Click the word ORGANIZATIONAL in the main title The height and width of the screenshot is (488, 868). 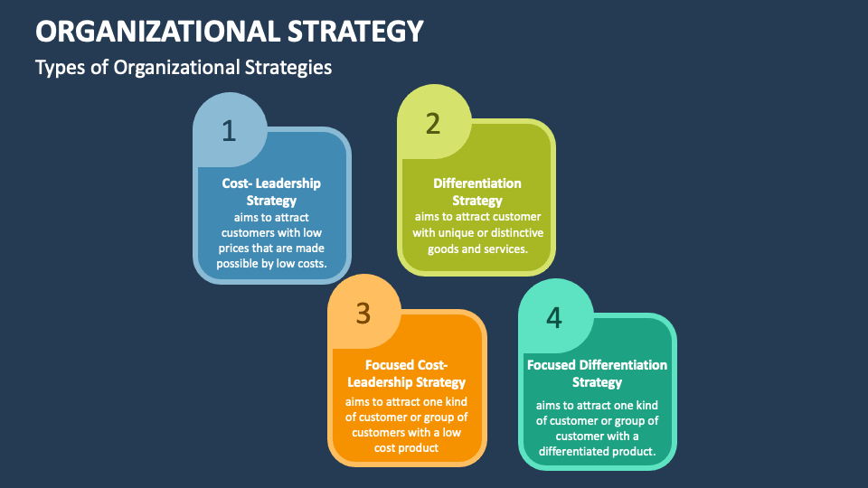(x=157, y=31)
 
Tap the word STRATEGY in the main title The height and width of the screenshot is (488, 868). (x=355, y=31)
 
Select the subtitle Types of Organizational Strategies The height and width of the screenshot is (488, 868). (x=184, y=68)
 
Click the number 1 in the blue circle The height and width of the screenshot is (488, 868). (x=229, y=131)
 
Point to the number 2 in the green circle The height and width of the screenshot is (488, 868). (x=433, y=123)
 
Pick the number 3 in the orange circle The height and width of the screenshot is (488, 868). (x=363, y=314)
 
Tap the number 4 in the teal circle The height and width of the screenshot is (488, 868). (x=554, y=317)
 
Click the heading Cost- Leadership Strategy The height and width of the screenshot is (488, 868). (x=271, y=192)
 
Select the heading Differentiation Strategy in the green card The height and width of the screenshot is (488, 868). (x=477, y=192)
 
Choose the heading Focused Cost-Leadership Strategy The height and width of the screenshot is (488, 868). (x=406, y=373)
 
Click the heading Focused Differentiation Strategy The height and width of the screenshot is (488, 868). (x=597, y=373)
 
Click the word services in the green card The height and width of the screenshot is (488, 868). (x=505, y=249)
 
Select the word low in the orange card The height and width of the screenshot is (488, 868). (x=452, y=432)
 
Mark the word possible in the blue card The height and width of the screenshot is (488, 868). (x=236, y=264)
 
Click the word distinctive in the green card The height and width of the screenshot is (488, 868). (x=516, y=233)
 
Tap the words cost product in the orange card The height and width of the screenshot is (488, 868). (x=406, y=448)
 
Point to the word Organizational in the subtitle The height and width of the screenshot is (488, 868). (x=176, y=68)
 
